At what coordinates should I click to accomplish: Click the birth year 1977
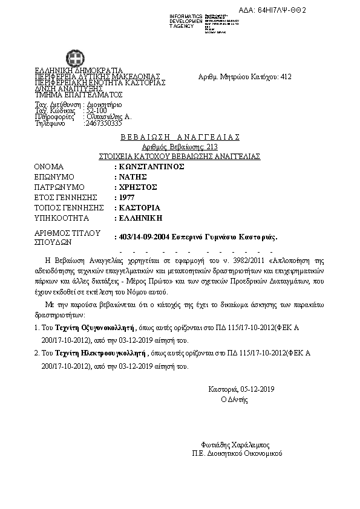click(126, 197)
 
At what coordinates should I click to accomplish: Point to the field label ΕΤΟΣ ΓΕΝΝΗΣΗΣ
click(66, 197)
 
